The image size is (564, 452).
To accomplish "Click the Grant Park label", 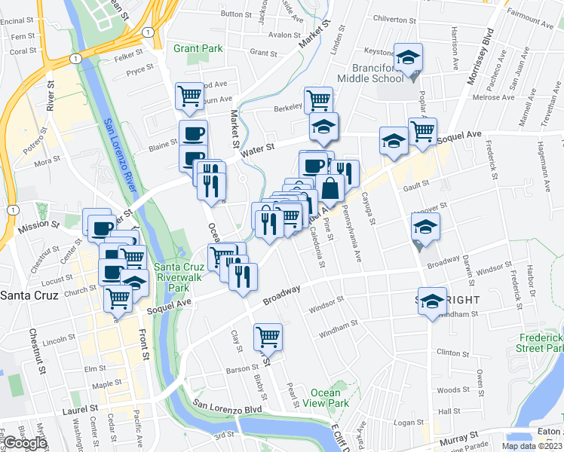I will (x=198, y=48).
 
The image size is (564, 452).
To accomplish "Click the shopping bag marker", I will (x=331, y=188).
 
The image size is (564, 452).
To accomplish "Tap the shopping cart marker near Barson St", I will (x=268, y=336).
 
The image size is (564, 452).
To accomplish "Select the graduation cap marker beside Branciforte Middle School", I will (x=408, y=57).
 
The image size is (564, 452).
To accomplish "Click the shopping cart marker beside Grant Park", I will (x=189, y=96).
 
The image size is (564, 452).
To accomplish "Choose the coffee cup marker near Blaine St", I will (x=193, y=134).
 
